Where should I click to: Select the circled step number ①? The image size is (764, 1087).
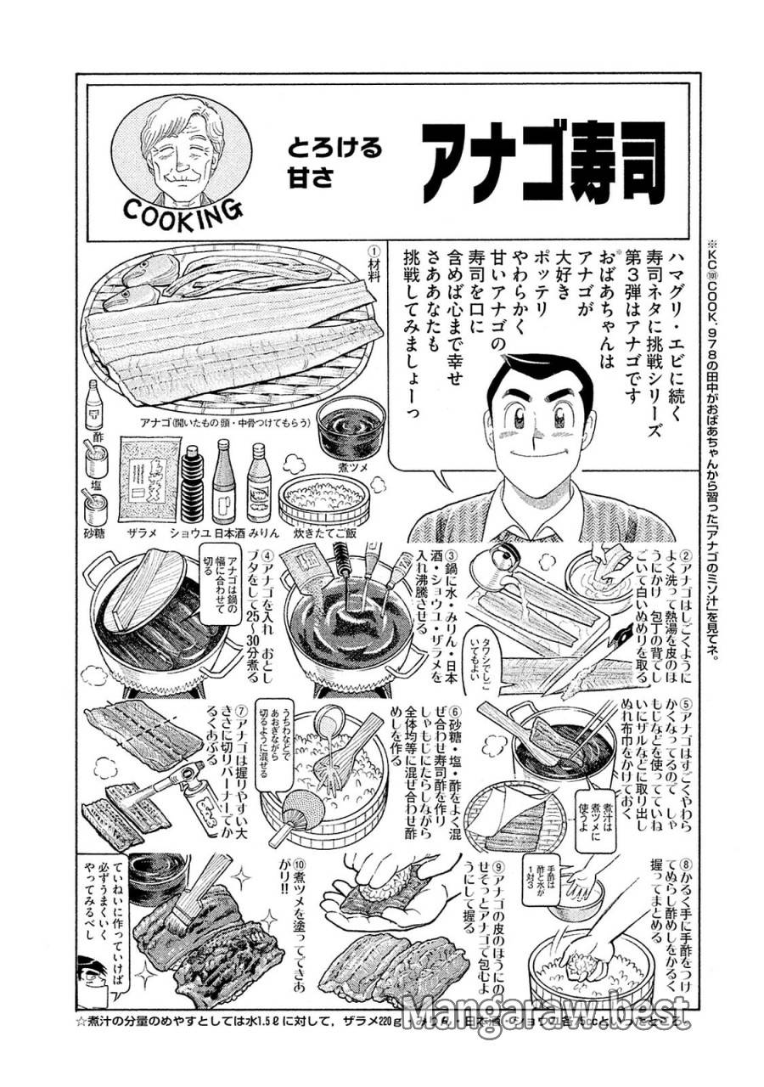click(x=372, y=252)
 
